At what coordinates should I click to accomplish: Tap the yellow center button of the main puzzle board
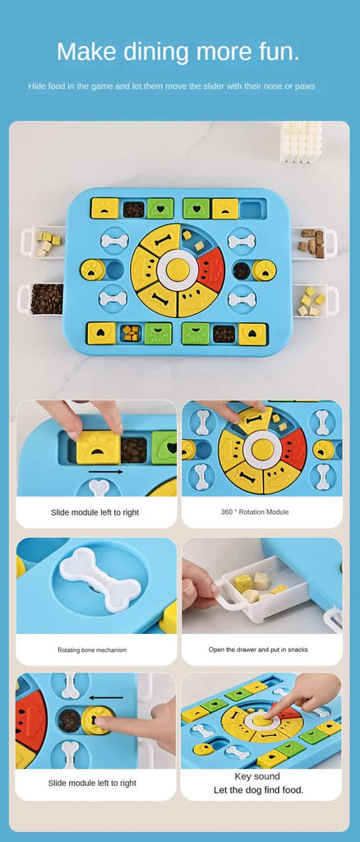[x=177, y=270]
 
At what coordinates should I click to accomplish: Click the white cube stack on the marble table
[x=301, y=141]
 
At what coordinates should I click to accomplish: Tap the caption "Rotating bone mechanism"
[x=92, y=650]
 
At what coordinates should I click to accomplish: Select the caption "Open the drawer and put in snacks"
[x=258, y=650]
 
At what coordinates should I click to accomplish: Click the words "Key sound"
[x=257, y=776]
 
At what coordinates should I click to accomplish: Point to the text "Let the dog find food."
[x=257, y=790]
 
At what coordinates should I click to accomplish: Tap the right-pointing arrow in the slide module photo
[x=106, y=472]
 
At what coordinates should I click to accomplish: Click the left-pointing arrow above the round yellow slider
[x=106, y=698]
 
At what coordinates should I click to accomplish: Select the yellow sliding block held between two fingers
[x=98, y=448]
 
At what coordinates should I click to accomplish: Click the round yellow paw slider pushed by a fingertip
[x=98, y=720]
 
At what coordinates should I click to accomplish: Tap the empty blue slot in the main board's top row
[x=252, y=209]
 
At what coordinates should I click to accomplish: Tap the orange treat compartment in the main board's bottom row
[x=131, y=333]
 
